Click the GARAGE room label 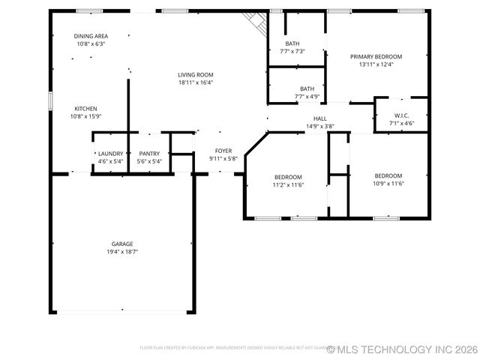tap(122, 244)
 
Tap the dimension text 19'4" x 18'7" tap(122, 252)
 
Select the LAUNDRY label tap(110, 153)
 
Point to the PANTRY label tap(149, 153)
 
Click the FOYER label tap(223, 151)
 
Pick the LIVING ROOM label tap(196, 74)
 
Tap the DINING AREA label tap(91, 36)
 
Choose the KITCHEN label tap(85, 109)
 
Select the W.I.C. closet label tap(401, 115)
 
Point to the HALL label tap(320, 118)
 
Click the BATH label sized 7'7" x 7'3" tap(292, 43)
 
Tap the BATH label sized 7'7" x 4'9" tap(307, 88)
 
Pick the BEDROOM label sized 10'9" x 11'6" tap(388, 175)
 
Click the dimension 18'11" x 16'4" tap(196, 82)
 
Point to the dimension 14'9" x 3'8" tap(320, 127)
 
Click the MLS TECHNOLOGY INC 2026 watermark tap(403, 349)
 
